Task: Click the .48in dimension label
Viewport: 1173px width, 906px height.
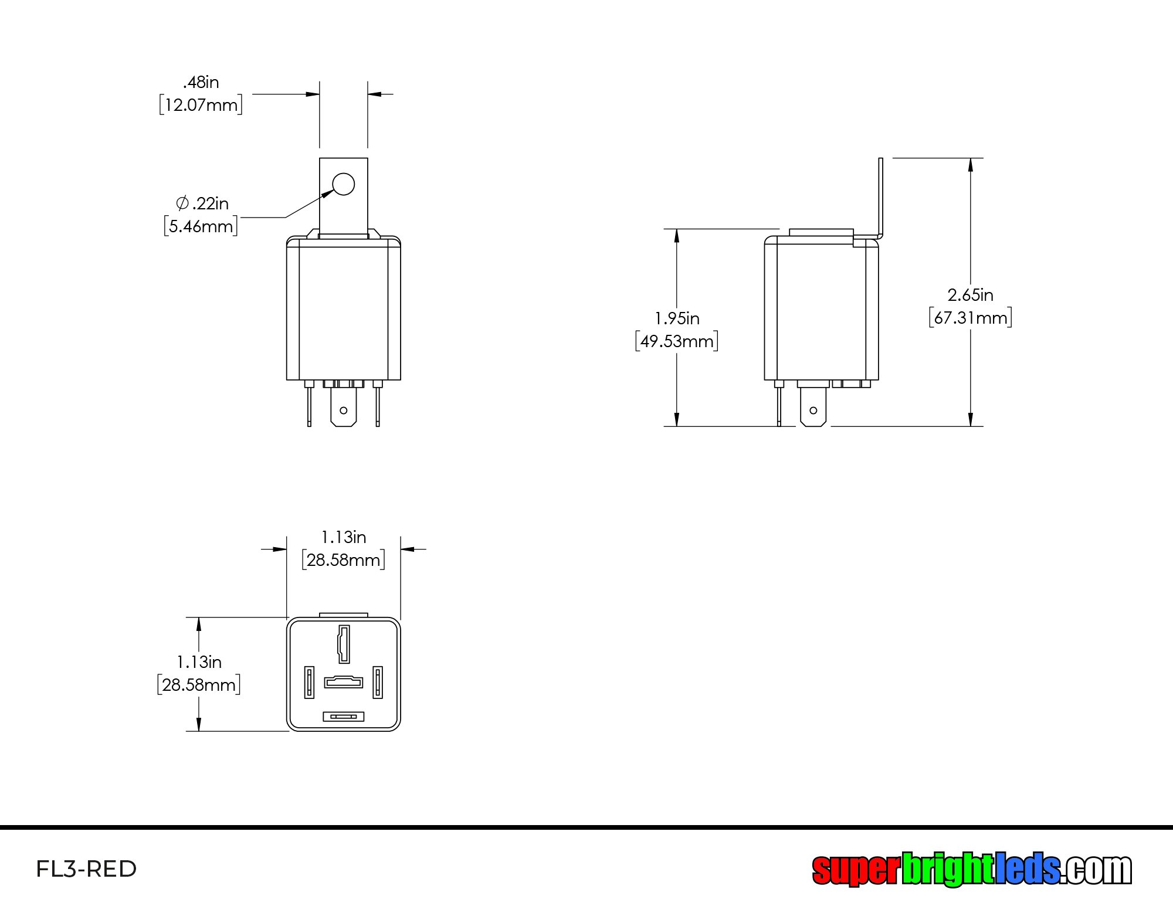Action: tap(201, 82)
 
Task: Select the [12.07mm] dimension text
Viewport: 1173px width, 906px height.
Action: tap(201, 105)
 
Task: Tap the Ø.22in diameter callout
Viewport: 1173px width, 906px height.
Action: tap(202, 203)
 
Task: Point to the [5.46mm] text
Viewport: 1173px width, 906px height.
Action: tap(201, 226)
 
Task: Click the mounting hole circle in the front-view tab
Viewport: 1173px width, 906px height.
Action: tap(343, 184)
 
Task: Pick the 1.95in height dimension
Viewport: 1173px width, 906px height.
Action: tap(677, 318)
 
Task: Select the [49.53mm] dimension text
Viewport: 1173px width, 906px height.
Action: tap(677, 341)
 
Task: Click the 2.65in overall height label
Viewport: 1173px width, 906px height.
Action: tap(971, 295)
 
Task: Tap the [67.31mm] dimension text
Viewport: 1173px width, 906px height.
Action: tap(971, 318)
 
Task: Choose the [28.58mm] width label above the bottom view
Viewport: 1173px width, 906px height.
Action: tap(343, 560)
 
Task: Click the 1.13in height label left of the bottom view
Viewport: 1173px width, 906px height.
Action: tap(199, 662)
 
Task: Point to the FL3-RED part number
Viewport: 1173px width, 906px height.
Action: tap(86, 869)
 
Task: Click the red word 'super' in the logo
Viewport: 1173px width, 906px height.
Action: tap(855, 869)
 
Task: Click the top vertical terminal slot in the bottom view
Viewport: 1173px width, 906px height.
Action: tap(344, 644)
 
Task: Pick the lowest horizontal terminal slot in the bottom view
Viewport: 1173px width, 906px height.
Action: tap(344, 717)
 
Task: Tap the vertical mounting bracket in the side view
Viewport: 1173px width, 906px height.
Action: tap(880, 199)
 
